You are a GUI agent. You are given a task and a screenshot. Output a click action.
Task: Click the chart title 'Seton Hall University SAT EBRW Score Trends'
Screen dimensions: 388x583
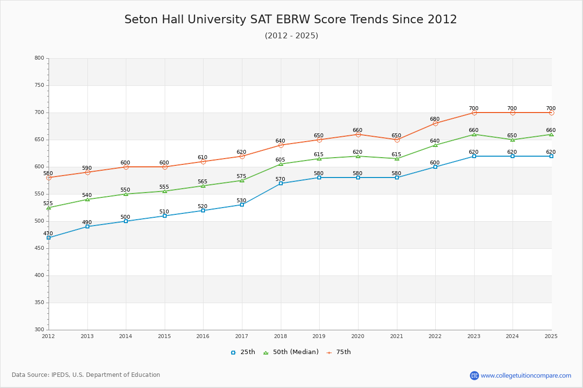pyautogui.click(x=291, y=19)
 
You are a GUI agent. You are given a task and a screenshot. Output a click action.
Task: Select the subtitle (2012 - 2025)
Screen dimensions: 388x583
pyautogui.click(x=291, y=36)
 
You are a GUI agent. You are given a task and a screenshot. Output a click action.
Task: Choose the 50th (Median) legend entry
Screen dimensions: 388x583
pyautogui.click(x=291, y=352)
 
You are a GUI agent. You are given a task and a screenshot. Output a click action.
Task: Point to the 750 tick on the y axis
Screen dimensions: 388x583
pyautogui.click(x=39, y=85)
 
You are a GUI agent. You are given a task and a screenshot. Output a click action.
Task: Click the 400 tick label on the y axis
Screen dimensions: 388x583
pyautogui.click(x=39, y=275)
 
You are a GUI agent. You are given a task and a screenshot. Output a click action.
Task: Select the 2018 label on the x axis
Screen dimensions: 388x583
pyautogui.click(x=280, y=336)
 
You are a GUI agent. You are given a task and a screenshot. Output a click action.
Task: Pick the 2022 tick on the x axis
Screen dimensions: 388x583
pyautogui.click(x=435, y=336)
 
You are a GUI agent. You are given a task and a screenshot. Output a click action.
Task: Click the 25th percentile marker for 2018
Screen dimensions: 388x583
pyautogui.click(x=281, y=183)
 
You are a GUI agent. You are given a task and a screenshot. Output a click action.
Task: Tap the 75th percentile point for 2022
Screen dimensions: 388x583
pyautogui.click(x=435, y=123)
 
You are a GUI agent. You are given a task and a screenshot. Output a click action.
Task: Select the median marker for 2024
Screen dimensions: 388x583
pyautogui.click(x=513, y=140)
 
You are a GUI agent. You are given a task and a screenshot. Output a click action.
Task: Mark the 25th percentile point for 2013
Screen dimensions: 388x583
pyautogui.click(x=87, y=226)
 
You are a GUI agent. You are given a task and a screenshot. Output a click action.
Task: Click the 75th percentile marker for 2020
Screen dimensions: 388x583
pyautogui.click(x=358, y=134)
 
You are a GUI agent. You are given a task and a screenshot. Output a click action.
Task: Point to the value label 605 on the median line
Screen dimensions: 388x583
pyautogui.click(x=280, y=160)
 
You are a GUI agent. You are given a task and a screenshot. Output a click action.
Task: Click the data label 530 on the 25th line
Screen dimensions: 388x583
pyautogui.click(x=241, y=200)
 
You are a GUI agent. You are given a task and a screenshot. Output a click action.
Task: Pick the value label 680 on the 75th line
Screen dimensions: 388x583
pyautogui.click(x=435, y=119)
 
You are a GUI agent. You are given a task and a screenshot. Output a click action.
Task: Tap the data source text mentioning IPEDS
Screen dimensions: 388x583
pyautogui.click(x=86, y=375)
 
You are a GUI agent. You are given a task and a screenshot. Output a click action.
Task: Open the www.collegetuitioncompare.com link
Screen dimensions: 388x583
pyautogui.click(x=526, y=375)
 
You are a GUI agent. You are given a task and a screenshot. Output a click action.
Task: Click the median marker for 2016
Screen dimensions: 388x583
pyautogui.click(x=203, y=186)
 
